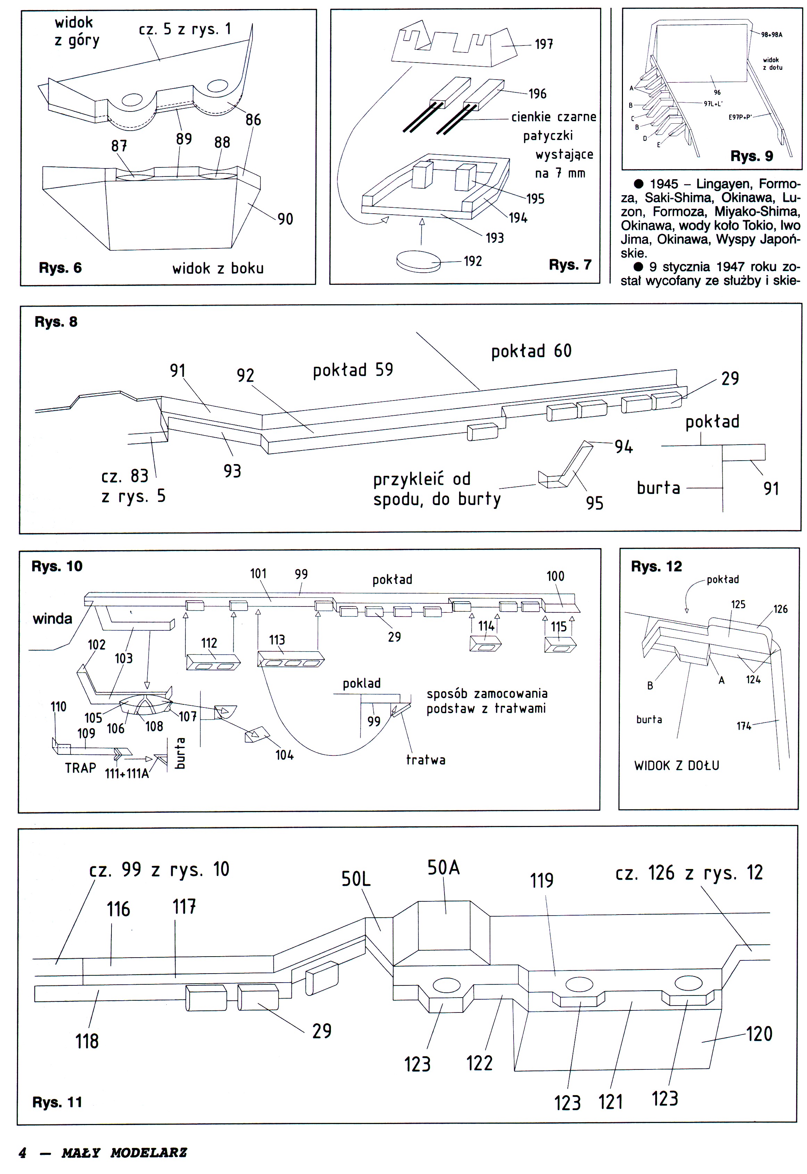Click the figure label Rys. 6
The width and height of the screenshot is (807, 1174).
pyautogui.click(x=60, y=268)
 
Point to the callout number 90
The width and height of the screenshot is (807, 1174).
pyautogui.click(x=285, y=219)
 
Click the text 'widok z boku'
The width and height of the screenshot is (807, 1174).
pyautogui.click(x=218, y=268)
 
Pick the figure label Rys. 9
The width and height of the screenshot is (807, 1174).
pyautogui.click(x=751, y=156)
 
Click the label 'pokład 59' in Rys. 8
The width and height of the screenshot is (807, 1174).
pyautogui.click(x=353, y=370)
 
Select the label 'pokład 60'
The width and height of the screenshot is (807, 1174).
pyautogui.click(x=531, y=351)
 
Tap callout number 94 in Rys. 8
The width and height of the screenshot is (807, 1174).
pyautogui.click(x=623, y=447)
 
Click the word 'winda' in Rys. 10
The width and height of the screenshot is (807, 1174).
pyautogui.click(x=52, y=619)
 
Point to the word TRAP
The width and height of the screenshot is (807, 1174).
pyautogui.click(x=81, y=768)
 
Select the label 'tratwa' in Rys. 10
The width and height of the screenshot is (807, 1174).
pyautogui.click(x=426, y=760)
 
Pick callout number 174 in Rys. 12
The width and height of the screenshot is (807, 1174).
pyautogui.click(x=743, y=726)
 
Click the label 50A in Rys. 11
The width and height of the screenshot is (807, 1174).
pyautogui.click(x=443, y=868)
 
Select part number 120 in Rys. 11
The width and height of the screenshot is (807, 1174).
pyautogui.click(x=759, y=1034)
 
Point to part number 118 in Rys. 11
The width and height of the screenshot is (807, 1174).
pyautogui.click(x=87, y=1041)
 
